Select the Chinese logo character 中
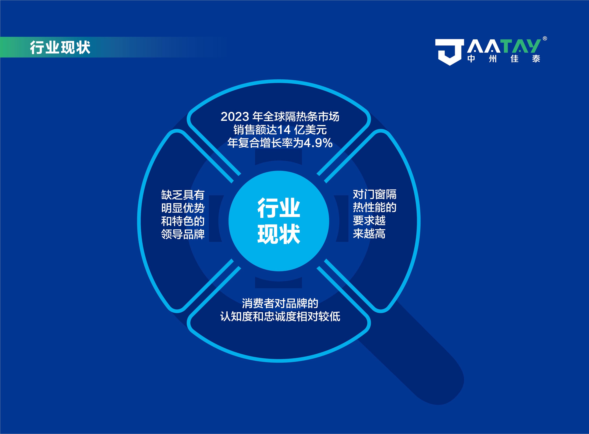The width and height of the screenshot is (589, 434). [x=471, y=59]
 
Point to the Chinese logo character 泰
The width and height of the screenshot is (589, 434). [x=536, y=59]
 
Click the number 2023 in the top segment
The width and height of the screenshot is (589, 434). [x=235, y=117]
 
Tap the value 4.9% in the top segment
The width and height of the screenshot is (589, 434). [x=318, y=143]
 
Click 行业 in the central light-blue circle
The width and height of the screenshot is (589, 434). [x=279, y=208]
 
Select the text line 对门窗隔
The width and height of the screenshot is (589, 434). [x=374, y=194]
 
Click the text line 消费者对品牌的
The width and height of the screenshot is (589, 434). [x=280, y=303]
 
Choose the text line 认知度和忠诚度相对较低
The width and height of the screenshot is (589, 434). [x=280, y=316]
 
